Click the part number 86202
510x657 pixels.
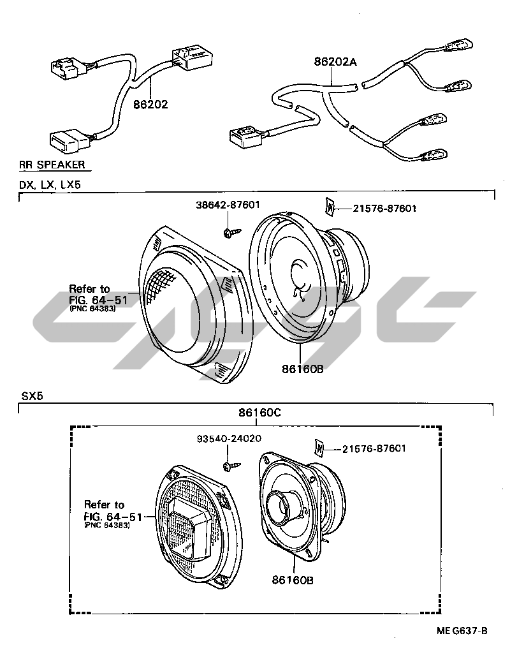(150, 105)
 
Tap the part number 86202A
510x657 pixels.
(335, 63)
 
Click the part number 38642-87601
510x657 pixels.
(228, 205)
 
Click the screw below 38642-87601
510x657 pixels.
(231, 233)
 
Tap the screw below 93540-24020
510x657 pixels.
(231, 466)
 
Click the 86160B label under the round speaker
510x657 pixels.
(302, 369)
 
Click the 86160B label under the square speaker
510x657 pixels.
(292, 580)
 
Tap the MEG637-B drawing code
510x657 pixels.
(462, 631)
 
